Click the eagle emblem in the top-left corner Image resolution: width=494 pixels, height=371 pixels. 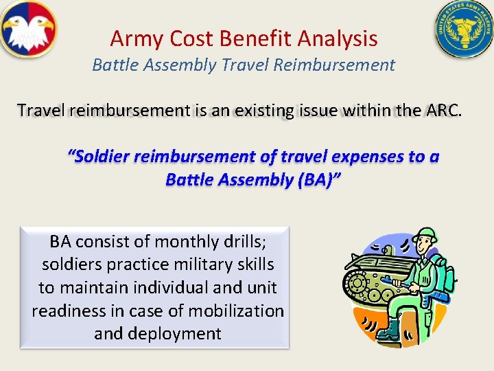point(28,29)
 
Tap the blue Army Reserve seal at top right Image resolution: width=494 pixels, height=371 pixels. point(464,30)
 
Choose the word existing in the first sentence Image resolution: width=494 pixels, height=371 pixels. point(267,110)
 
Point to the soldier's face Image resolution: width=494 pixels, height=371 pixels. point(425,249)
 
